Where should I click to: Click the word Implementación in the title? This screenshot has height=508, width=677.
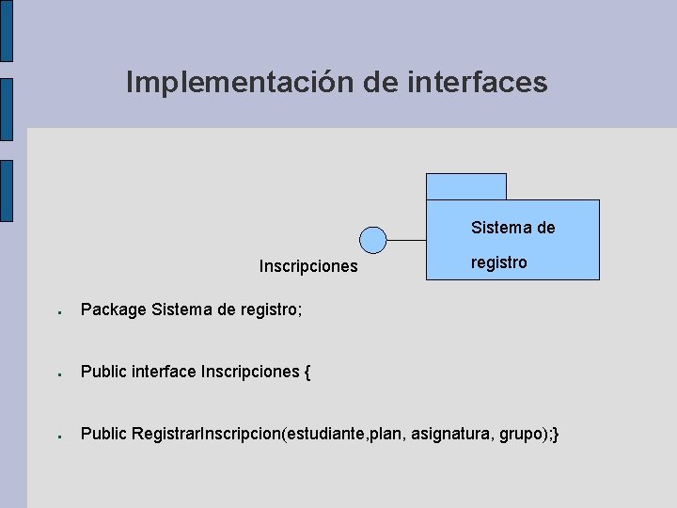[240, 83]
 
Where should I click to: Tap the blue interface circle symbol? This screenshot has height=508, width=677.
[373, 240]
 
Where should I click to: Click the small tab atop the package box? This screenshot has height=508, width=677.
[465, 186]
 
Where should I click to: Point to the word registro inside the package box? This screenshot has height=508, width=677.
[498, 262]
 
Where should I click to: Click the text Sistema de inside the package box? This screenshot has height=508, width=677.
[512, 228]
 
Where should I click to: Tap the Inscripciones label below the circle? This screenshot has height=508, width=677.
[308, 266]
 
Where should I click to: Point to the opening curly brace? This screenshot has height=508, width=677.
[307, 372]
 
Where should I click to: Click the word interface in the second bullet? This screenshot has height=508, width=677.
[165, 372]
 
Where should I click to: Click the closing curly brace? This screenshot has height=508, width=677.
[558, 434]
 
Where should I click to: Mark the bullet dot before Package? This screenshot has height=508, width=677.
[58, 311]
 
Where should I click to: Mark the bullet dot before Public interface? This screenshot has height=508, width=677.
[58, 374]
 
